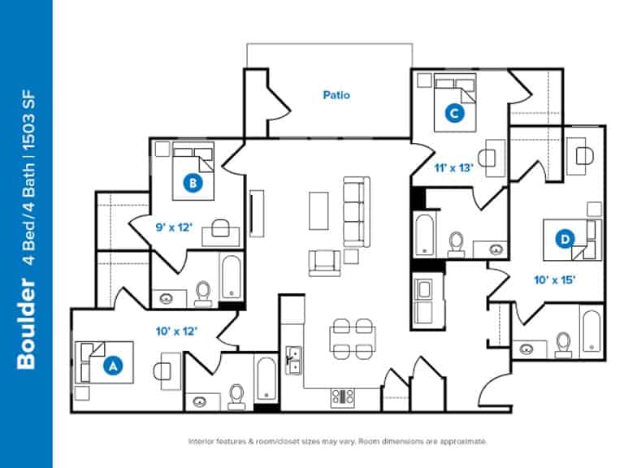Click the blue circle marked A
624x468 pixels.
pyautogui.click(x=111, y=366)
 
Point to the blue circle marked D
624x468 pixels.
pyautogui.click(x=565, y=239)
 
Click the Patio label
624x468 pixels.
pyautogui.click(x=336, y=95)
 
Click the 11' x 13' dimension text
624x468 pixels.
pyautogui.click(x=453, y=168)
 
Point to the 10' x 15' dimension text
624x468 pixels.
pyautogui.click(x=556, y=279)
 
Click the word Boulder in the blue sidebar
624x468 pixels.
pyautogui.click(x=26, y=326)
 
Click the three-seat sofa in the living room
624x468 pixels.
pyautogui.click(x=354, y=211)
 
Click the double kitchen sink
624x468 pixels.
pyautogui.click(x=294, y=361)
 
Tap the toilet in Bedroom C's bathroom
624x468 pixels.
pyautogui.click(x=456, y=243)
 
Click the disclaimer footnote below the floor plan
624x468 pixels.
pyautogui.click(x=337, y=441)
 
